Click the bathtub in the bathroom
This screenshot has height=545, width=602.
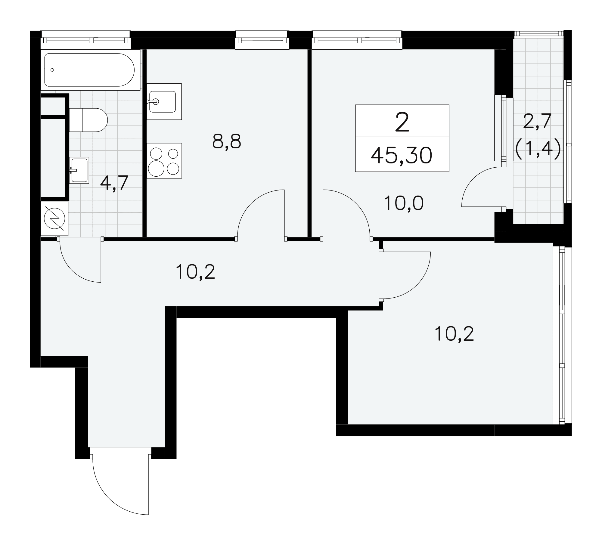click(x=90, y=70)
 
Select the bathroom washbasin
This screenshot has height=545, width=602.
click(x=79, y=170)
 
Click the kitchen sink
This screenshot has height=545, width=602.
click(x=164, y=101)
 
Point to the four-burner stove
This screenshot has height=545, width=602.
click(x=164, y=161)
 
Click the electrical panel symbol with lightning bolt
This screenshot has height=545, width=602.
click(x=54, y=218)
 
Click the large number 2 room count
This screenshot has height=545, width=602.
click(x=402, y=122)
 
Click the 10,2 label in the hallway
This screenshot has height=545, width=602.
click(x=195, y=272)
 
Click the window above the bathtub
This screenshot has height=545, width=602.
click(x=86, y=40)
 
